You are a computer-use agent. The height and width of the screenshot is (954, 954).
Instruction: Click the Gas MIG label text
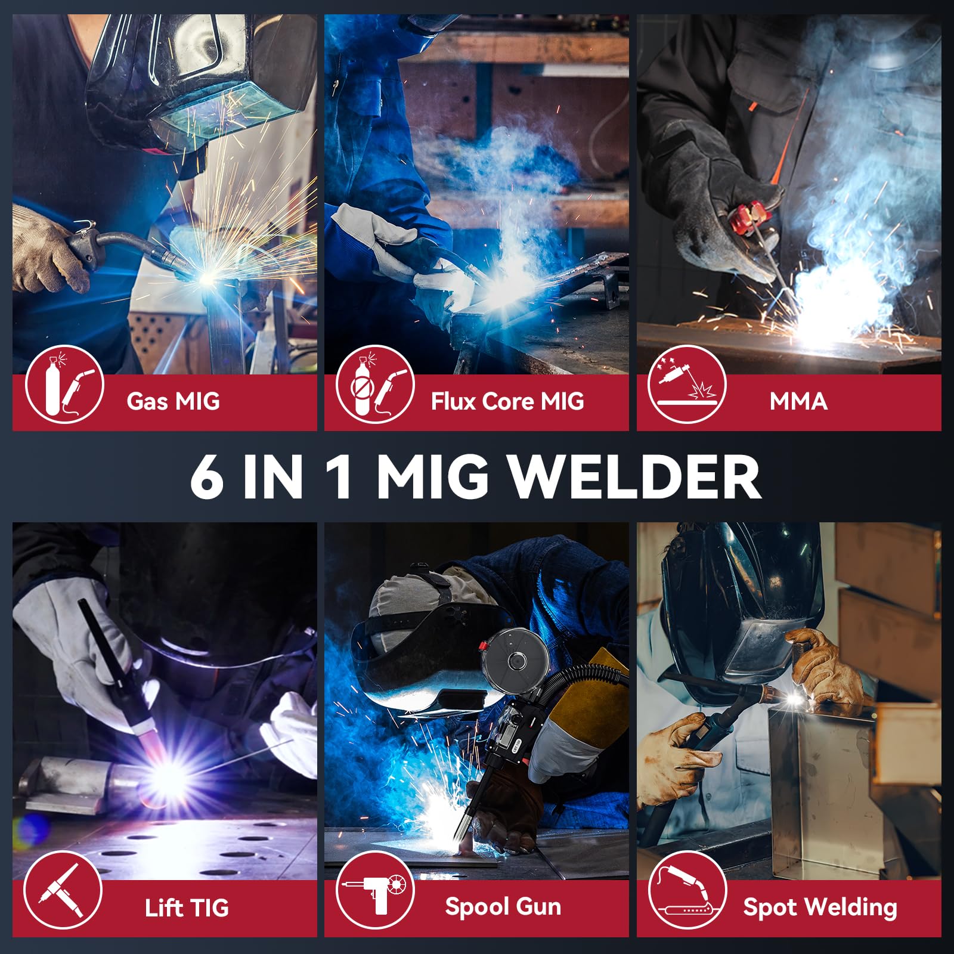pos(173,401)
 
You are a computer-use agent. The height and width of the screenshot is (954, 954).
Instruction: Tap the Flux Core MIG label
pos(507,401)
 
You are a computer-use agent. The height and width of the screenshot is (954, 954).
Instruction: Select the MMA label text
pos(798,401)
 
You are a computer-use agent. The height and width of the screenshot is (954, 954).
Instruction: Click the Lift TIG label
pos(187,907)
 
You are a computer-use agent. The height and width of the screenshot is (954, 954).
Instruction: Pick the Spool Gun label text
pos(503,907)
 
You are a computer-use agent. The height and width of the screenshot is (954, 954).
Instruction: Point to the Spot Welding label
pos(820,907)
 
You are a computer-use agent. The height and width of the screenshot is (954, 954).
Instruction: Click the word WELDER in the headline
pos(636,476)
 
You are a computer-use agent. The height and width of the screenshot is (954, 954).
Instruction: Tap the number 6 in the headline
pos(207,476)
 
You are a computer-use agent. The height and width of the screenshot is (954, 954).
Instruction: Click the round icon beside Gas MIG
pos(64,385)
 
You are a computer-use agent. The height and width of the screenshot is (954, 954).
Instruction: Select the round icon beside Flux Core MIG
pos(374,385)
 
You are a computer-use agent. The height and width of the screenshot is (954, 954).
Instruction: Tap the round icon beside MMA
pos(687,385)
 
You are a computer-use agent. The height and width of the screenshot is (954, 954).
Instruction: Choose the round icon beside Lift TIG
pos(63,890)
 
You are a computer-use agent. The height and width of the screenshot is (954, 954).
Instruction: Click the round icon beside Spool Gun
pos(374,890)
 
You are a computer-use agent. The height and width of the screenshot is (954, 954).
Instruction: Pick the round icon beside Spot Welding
pos(687,890)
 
